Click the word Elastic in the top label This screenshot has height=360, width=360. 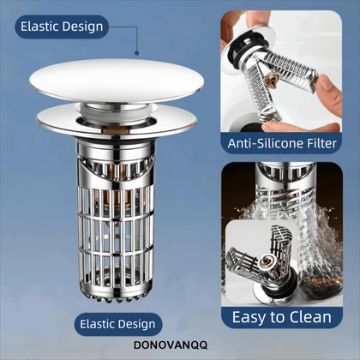[39, 27]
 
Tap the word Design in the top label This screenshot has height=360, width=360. [82, 27]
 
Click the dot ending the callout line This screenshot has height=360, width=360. [137, 53]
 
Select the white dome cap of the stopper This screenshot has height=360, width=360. [117, 81]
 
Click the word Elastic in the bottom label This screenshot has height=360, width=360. [97, 324]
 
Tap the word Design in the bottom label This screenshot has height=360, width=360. [136, 325]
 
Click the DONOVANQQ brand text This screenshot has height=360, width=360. [171, 345]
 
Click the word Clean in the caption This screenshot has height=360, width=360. [310, 317]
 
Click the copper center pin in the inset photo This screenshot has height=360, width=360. [265, 260]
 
